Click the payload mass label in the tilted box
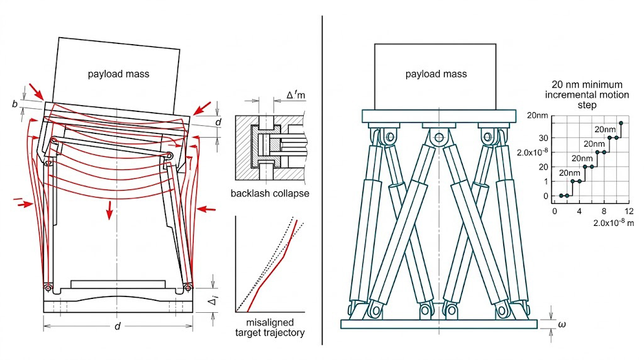118,74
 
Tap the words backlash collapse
270,193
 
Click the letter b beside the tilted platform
14,104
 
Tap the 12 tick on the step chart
629,210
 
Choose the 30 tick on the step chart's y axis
545,138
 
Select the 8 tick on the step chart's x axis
604,210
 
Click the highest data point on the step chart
621,123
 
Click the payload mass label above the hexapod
436,74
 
